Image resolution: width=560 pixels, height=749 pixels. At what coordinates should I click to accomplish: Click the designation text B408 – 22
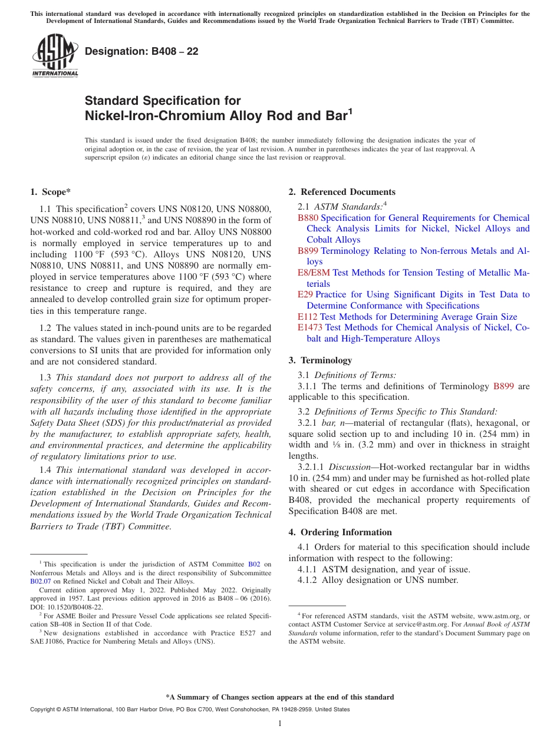point(141,51)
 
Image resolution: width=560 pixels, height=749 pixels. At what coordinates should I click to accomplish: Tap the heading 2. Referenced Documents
point(342,192)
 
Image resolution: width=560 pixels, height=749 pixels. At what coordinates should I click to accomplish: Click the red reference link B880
point(308,218)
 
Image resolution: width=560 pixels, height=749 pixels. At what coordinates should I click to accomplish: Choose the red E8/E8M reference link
point(314,273)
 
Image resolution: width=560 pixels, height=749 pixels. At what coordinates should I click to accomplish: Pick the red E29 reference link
point(305,294)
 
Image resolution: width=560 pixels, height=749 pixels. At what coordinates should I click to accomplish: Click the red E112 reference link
point(308,317)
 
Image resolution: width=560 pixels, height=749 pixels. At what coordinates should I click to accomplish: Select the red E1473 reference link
point(310,327)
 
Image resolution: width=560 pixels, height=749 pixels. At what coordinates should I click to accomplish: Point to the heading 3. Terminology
point(320,360)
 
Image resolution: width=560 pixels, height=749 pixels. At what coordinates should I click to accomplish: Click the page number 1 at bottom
point(280,724)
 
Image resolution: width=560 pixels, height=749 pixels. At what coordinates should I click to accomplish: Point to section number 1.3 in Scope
point(45,377)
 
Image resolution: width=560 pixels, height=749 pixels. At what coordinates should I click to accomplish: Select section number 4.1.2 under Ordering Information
point(308,580)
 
